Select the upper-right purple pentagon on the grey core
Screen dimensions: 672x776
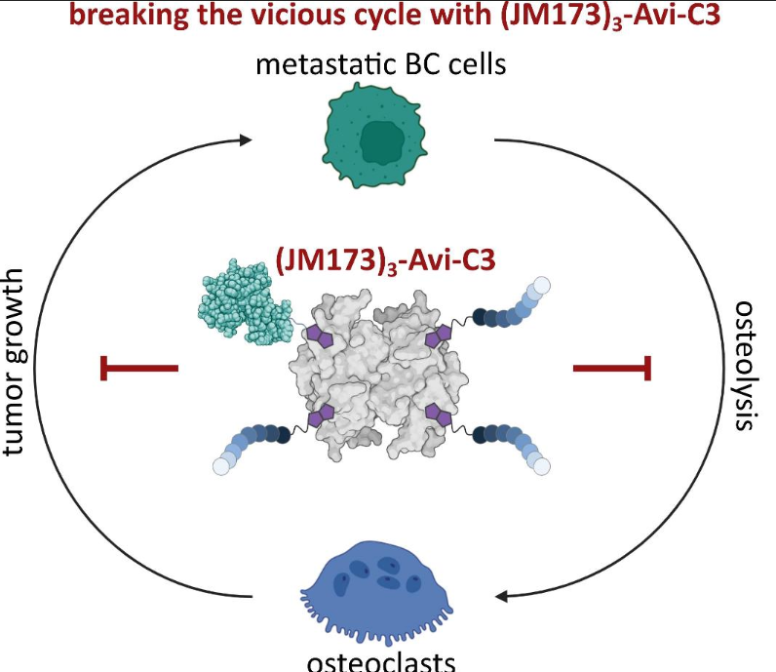(x=439, y=336)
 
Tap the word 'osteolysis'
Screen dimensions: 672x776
(x=746, y=365)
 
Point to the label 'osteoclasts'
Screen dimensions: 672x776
(x=381, y=661)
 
